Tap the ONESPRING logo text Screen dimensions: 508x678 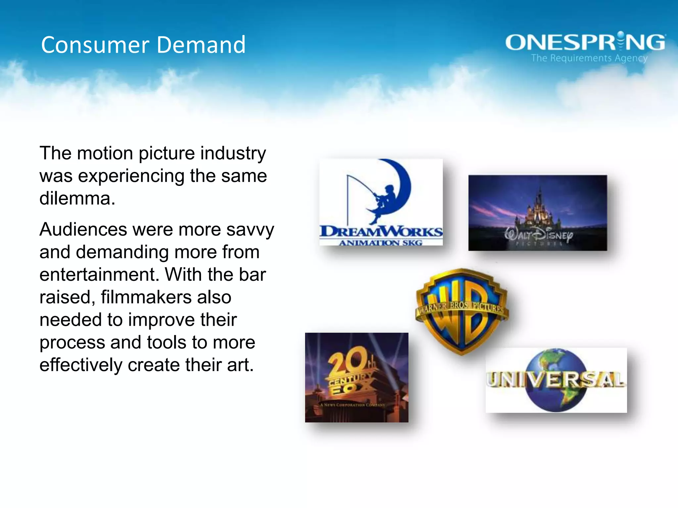[585, 43]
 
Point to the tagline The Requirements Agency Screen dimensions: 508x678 [589, 58]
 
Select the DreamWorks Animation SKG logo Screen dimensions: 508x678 [381, 202]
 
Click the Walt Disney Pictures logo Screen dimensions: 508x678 [537, 213]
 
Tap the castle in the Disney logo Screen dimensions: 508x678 [538, 208]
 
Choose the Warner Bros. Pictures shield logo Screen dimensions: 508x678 [462, 311]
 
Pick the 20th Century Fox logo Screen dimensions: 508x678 [357, 377]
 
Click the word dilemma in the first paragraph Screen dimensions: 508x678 [77, 198]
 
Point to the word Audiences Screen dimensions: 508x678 [83, 229]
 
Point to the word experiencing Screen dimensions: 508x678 [131, 176]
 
